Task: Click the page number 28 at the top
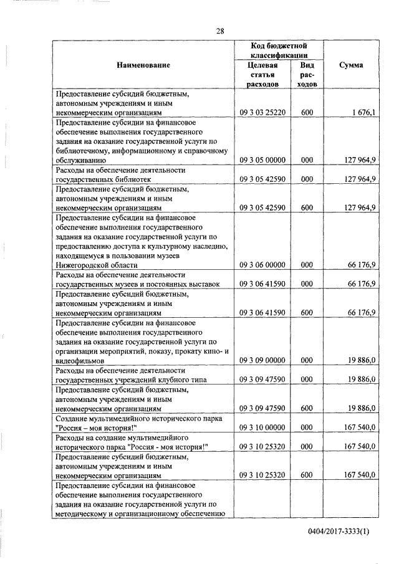click(x=220, y=31)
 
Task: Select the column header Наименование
click(x=142, y=65)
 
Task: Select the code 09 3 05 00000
click(x=262, y=160)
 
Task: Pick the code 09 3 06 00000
click(x=262, y=265)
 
